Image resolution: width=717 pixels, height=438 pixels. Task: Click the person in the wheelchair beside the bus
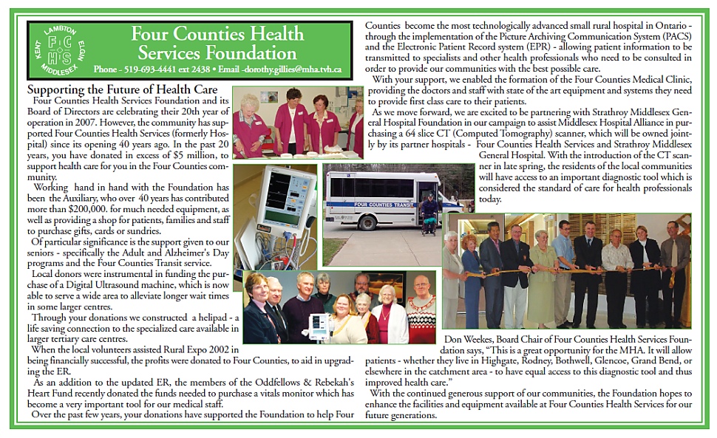429,213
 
